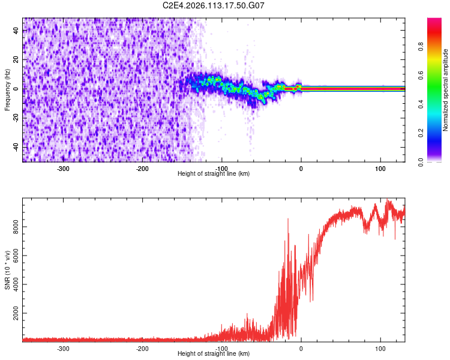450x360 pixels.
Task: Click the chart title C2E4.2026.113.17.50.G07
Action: click(x=214, y=5)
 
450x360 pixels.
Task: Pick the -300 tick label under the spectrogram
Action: click(x=63, y=169)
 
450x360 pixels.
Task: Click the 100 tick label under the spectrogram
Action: click(x=380, y=169)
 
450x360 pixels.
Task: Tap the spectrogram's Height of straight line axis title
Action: click(x=214, y=173)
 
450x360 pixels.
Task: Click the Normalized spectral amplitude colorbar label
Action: click(x=446, y=90)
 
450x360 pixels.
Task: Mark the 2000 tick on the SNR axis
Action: click(x=14, y=313)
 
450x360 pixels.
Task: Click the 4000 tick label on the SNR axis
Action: click(x=14, y=284)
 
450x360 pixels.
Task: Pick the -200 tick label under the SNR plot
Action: click(x=142, y=349)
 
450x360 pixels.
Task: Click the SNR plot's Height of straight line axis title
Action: click(x=214, y=353)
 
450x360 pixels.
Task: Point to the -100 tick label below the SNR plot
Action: click(x=221, y=349)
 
